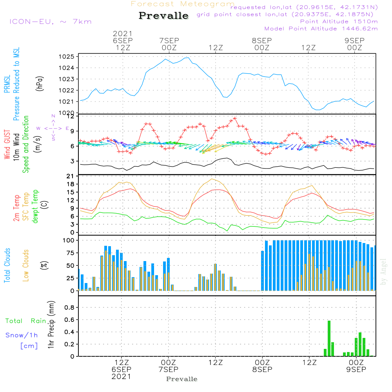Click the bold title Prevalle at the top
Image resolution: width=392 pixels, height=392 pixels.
click(163, 16)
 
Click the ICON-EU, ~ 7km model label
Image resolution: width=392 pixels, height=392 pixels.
click(50, 22)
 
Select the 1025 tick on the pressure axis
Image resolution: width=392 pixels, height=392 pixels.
click(66, 57)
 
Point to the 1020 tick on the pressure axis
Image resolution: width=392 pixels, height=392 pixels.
click(66, 113)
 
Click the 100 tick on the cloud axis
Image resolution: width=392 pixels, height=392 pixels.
click(69, 240)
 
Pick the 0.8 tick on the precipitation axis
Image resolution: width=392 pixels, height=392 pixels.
click(69, 308)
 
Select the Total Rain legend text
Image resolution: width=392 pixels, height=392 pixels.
click(25, 321)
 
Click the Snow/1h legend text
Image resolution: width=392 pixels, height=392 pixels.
click(22, 335)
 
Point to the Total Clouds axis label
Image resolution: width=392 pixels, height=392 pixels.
click(7, 265)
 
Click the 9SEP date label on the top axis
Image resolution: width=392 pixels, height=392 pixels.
click(354, 40)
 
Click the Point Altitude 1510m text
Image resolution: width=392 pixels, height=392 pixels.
click(339, 22)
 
